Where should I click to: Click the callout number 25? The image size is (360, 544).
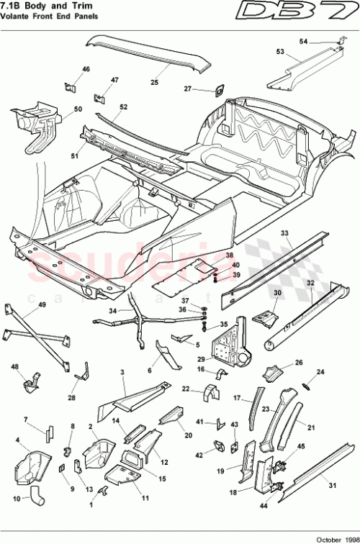tap(154, 83)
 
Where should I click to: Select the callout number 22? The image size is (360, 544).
tap(185, 389)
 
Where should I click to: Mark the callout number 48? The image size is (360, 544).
tap(14, 366)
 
